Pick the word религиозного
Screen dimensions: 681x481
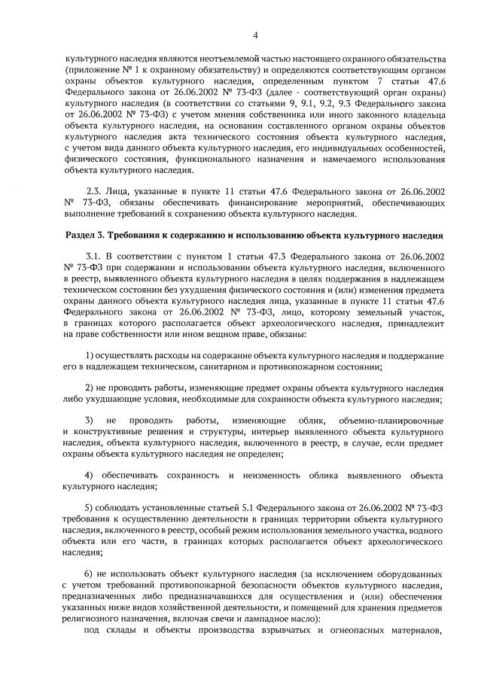click(95, 619)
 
